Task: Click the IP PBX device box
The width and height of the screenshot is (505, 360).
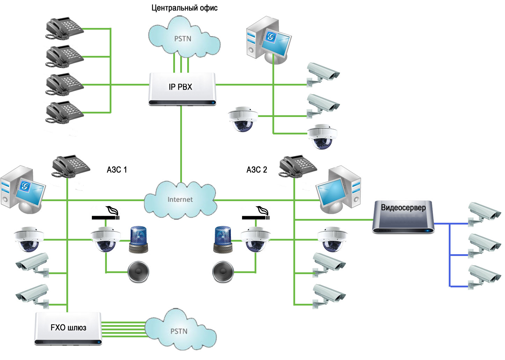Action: [182, 89]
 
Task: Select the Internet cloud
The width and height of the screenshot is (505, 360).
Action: [180, 200]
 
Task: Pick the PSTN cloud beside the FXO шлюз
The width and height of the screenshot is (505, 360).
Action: [180, 329]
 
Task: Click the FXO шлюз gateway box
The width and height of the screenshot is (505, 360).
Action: [68, 328]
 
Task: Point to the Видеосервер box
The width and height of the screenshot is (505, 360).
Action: [403, 217]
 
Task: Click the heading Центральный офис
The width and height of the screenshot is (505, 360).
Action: [184, 8]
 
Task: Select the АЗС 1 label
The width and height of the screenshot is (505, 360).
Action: [117, 169]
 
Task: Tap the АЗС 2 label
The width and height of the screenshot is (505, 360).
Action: [257, 169]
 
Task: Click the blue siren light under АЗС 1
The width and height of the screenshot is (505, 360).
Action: [138, 240]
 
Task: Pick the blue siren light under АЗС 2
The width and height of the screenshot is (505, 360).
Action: [223, 240]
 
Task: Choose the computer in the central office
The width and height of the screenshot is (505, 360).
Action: [269, 40]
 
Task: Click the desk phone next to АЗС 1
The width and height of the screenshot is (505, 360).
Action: [71, 166]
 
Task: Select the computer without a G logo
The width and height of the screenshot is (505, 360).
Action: [338, 190]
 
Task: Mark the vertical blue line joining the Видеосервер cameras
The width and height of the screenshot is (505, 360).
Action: [450, 255]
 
